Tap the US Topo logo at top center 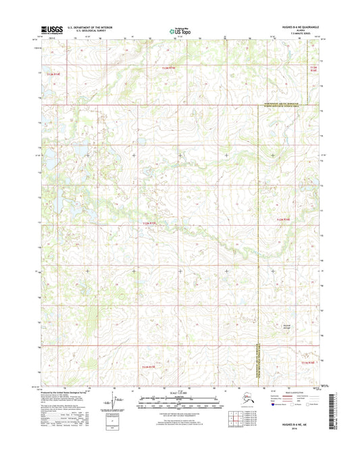coord(179,30)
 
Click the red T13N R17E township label coord(173,68)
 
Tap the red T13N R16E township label coord(53,74)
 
